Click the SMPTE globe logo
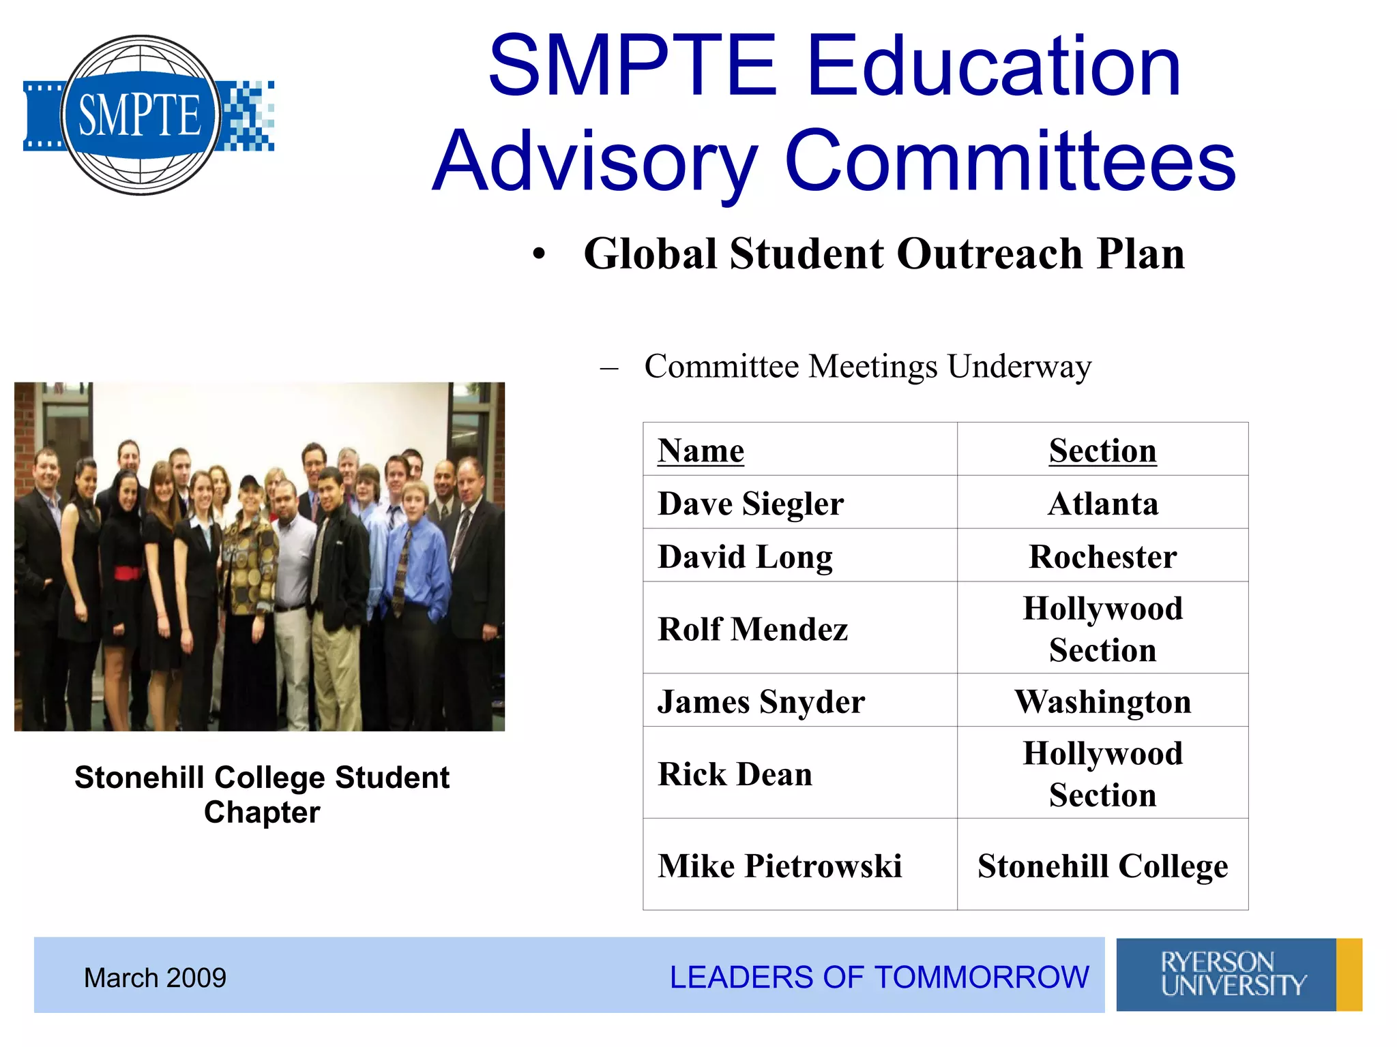pyautogui.click(x=141, y=115)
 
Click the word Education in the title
pyautogui.click(x=993, y=66)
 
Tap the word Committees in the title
pyautogui.click(x=1010, y=162)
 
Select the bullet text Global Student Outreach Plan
pyautogui.click(x=884, y=254)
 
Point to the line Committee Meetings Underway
pyautogui.click(x=867, y=367)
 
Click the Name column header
pyautogui.click(x=701, y=451)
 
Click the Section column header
pyautogui.click(x=1102, y=451)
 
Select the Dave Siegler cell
pyautogui.click(x=750, y=504)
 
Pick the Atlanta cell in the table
pyautogui.click(x=1102, y=504)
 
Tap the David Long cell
pyautogui.click(x=745, y=557)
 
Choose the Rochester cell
pyautogui.click(x=1102, y=557)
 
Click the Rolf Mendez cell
pyautogui.click(x=752, y=628)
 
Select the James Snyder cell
pyautogui.click(x=761, y=701)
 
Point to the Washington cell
pyautogui.click(x=1102, y=701)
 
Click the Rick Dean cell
pyautogui.click(x=735, y=774)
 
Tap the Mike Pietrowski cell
pyautogui.click(x=779, y=866)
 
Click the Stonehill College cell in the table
pyautogui.click(x=1102, y=866)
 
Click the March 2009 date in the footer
pyautogui.click(x=155, y=977)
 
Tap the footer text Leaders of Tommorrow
pyautogui.click(x=879, y=977)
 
